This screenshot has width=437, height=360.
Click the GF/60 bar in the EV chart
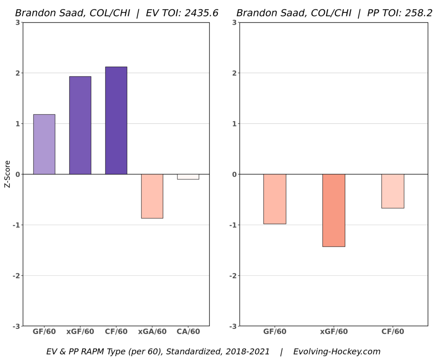[44, 144]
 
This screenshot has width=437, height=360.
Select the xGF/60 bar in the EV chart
[80, 125]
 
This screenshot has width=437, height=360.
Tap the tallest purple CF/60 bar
[116, 121]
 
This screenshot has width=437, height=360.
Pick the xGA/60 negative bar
[152, 196]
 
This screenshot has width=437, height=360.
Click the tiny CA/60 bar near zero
[188, 177]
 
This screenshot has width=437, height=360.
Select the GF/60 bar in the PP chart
[275, 199]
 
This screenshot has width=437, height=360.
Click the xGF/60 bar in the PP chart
[334, 210]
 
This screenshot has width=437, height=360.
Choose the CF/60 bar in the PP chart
[393, 191]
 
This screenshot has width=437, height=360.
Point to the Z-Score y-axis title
[7, 174]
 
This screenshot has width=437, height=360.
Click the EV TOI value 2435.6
[201, 13]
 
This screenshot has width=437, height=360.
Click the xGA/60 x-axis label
[152, 332]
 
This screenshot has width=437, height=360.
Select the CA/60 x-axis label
[188, 332]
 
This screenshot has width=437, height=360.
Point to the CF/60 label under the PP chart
[393, 332]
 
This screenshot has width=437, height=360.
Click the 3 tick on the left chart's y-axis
[17, 23]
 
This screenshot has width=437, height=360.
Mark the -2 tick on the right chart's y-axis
[233, 275]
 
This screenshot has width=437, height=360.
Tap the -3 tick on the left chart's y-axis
[16, 326]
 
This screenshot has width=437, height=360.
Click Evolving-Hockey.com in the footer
[336, 352]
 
